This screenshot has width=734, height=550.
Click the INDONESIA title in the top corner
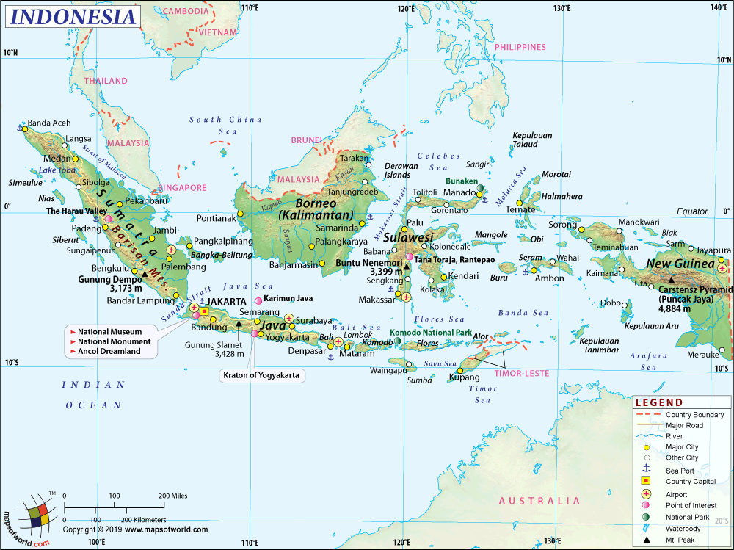[x=74, y=16]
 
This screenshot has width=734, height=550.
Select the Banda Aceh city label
[x=49, y=123]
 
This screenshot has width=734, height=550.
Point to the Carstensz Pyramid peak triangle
[x=671, y=279]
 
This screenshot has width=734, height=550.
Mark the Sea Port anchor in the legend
[x=647, y=469]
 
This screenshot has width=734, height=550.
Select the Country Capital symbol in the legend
[x=647, y=481]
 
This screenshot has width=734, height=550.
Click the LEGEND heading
[x=658, y=402]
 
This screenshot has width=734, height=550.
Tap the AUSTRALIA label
[x=539, y=501]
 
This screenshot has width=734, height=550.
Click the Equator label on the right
[x=691, y=211]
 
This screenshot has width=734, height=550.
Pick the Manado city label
[x=460, y=192]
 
